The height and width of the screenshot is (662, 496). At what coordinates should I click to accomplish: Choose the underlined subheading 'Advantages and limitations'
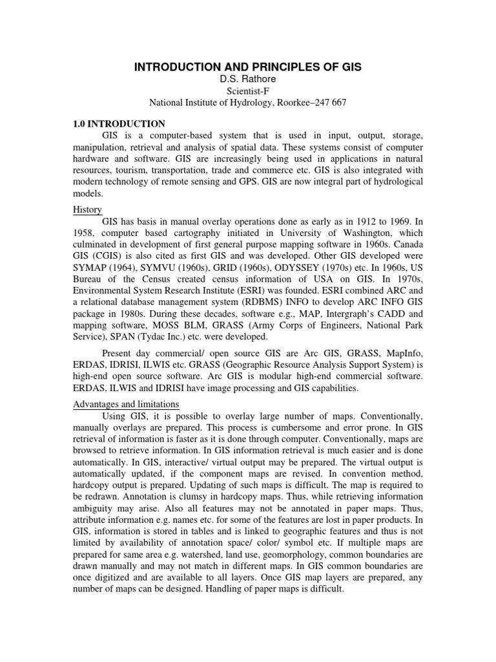[125, 404]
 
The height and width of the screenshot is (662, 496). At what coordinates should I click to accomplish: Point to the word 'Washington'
[382, 235]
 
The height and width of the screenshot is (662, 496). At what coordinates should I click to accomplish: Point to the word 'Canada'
[406, 246]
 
